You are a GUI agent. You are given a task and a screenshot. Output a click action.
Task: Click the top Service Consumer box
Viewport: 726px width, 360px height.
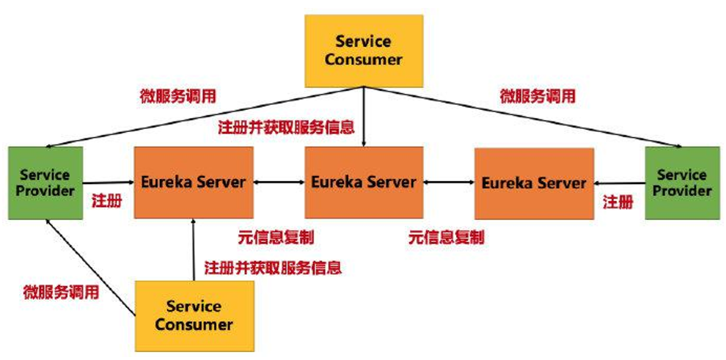[x=364, y=51]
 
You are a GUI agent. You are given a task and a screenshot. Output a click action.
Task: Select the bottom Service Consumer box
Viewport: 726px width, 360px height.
[x=194, y=315]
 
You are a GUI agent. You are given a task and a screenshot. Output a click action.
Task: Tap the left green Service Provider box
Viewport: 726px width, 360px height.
[x=45, y=183]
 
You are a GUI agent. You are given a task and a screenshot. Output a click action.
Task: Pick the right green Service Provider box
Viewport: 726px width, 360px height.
[x=682, y=183]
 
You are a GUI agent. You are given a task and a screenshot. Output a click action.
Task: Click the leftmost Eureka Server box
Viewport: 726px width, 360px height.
[x=194, y=183]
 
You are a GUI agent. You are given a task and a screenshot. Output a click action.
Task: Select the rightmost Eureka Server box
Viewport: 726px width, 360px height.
[x=534, y=183]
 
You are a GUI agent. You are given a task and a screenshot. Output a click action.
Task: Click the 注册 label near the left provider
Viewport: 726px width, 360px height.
[x=106, y=200]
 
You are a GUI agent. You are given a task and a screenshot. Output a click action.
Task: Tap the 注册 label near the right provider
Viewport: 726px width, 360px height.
[x=617, y=202]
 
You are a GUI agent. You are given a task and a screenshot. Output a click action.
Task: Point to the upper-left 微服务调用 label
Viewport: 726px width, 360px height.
[x=178, y=96]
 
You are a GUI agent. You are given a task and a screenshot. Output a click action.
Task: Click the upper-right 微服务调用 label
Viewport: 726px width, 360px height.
[x=538, y=96]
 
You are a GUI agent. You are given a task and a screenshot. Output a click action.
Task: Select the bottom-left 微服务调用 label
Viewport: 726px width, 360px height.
[x=60, y=292]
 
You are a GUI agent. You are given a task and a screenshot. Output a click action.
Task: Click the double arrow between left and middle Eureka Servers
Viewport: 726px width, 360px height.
[x=279, y=182]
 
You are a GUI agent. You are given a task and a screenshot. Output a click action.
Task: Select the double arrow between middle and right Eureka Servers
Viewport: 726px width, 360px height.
[x=449, y=182]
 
